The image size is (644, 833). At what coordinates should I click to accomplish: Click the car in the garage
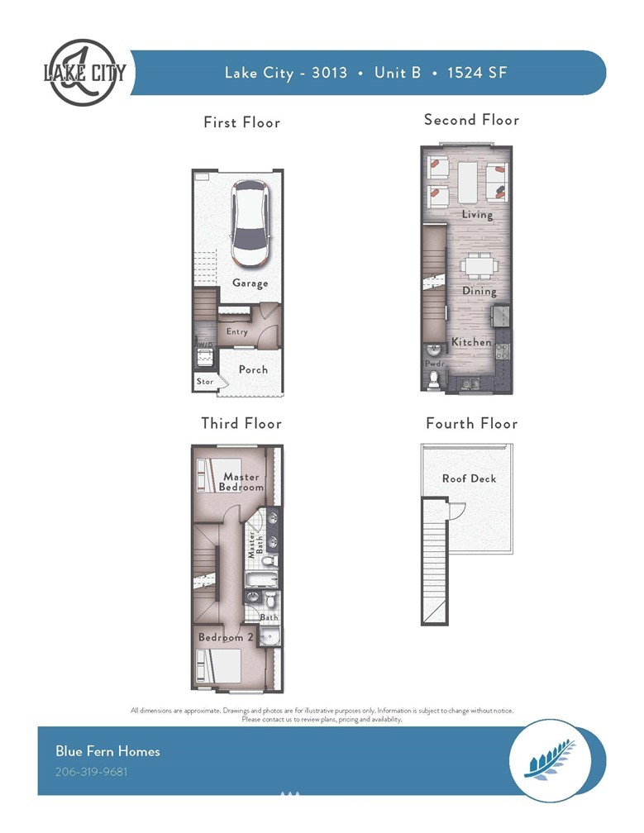tap(249, 224)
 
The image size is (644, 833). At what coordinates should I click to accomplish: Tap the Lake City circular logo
tap(84, 72)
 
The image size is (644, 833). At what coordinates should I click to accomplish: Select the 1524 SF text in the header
tap(477, 72)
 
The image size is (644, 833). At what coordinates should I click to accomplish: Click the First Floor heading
tap(241, 122)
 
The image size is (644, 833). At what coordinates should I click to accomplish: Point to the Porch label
tap(253, 369)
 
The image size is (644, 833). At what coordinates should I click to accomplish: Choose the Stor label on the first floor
tap(204, 381)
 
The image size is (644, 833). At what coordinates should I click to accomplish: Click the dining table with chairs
tap(479, 265)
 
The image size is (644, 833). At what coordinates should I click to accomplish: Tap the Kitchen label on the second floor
tap(471, 341)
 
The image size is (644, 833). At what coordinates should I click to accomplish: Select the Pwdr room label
tap(434, 364)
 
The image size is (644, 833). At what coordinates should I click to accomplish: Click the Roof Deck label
tap(470, 478)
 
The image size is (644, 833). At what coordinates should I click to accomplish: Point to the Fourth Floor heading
tap(472, 423)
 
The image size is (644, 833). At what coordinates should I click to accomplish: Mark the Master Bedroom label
tap(241, 481)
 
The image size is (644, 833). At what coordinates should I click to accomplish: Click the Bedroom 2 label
tap(226, 636)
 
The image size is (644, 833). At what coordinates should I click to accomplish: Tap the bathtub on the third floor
tap(261, 579)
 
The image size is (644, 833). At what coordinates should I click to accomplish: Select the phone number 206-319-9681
tap(92, 771)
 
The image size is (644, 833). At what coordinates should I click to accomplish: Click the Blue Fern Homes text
tap(107, 750)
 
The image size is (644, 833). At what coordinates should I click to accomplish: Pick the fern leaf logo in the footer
tap(550, 760)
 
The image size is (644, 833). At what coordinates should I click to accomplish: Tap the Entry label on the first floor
tap(237, 331)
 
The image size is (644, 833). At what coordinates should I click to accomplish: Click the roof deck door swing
tap(458, 511)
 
